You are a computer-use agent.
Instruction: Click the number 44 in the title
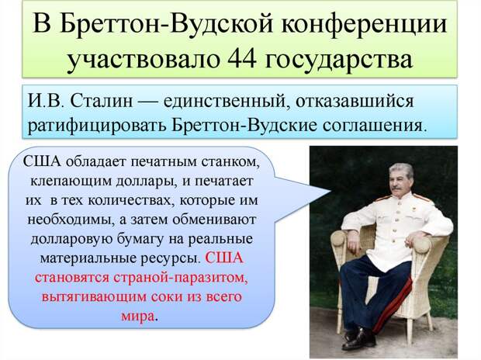coord(242,59)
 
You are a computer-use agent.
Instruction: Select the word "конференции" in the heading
coord(364,25)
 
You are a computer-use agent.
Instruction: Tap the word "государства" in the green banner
coord(338,61)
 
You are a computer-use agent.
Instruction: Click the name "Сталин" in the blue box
coord(102,101)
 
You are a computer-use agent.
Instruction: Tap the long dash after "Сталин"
coord(148,102)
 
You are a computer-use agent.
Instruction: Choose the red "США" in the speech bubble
coord(224,257)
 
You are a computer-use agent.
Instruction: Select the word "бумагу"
coord(141,240)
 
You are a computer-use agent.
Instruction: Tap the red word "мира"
coord(137,317)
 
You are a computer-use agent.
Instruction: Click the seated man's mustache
coord(396,188)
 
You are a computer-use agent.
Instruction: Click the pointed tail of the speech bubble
coord(330,191)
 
